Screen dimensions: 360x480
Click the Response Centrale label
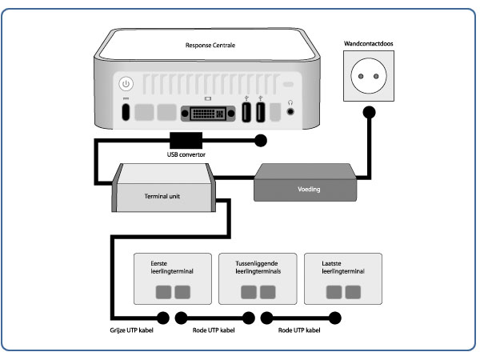[x=210, y=46]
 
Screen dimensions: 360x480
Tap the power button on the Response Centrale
[x=126, y=83]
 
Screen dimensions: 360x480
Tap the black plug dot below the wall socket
[x=369, y=113]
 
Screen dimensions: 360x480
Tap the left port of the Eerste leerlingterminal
[x=164, y=291]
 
